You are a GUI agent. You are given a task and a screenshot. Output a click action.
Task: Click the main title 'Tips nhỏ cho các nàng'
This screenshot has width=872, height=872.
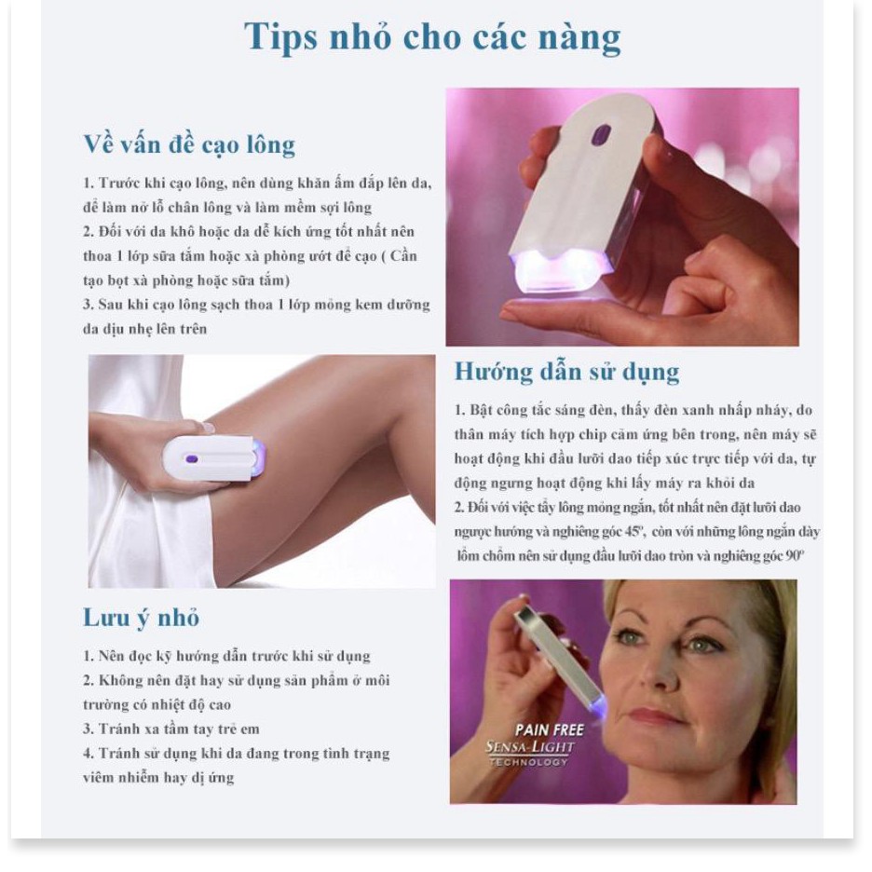click(x=432, y=37)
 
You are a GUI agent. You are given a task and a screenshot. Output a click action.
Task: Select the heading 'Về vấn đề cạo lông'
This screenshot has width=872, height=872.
click(x=189, y=144)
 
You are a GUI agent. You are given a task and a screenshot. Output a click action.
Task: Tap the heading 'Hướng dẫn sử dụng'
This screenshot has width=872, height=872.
click(x=566, y=372)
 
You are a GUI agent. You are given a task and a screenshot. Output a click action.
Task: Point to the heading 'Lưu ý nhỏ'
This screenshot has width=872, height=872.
click(x=142, y=618)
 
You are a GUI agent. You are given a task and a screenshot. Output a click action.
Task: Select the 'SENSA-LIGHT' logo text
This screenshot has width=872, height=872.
click(x=530, y=747)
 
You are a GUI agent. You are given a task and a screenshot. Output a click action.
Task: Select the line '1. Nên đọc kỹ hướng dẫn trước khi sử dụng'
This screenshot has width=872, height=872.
click(x=226, y=657)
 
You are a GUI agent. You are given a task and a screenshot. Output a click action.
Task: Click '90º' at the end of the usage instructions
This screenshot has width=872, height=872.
click(x=804, y=555)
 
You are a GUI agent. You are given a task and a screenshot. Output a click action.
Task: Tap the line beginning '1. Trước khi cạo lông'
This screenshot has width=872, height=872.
click(x=257, y=184)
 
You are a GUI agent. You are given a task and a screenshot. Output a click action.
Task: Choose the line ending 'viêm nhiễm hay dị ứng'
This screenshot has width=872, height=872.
click(x=157, y=777)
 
